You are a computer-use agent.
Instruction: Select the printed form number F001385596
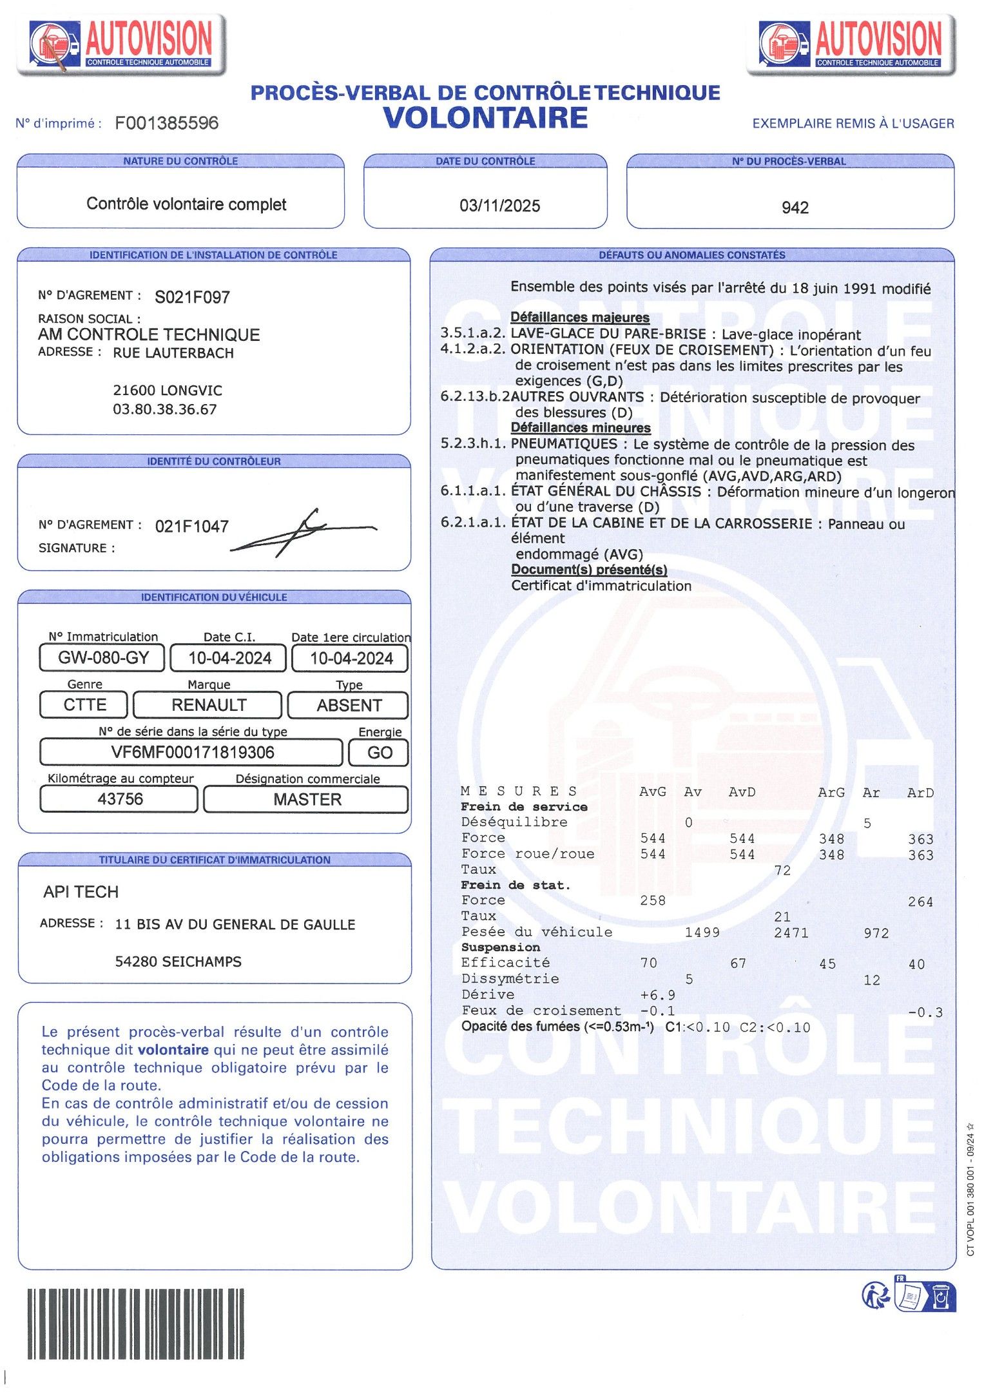(166, 123)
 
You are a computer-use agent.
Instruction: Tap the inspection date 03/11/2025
(499, 206)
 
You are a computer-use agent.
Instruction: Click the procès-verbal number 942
(795, 208)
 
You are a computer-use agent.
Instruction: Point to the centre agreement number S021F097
(192, 297)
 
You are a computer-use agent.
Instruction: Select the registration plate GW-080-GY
(103, 658)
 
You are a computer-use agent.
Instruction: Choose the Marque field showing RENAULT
(208, 705)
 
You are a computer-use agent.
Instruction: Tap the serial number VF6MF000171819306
(192, 752)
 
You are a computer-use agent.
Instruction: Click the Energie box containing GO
(379, 753)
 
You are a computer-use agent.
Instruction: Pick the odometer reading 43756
(120, 799)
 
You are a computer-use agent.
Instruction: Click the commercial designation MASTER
(307, 800)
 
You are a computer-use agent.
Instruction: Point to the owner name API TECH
(81, 892)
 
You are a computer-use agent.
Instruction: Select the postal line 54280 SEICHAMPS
(178, 962)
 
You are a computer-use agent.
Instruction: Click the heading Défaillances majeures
(579, 317)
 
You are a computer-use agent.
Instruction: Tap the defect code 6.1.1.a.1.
(473, 491)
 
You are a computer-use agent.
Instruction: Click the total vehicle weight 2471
(791, 933)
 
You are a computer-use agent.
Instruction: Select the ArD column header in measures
(920, 793)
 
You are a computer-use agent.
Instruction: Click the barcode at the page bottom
(135, 1323)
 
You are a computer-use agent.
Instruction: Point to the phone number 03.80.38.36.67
(164, 409)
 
